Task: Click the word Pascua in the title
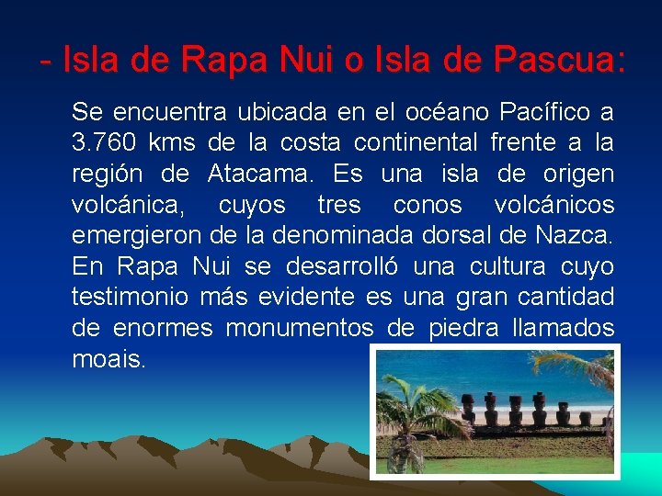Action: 559,62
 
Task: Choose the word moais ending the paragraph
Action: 108,359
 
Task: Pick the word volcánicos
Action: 553,205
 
